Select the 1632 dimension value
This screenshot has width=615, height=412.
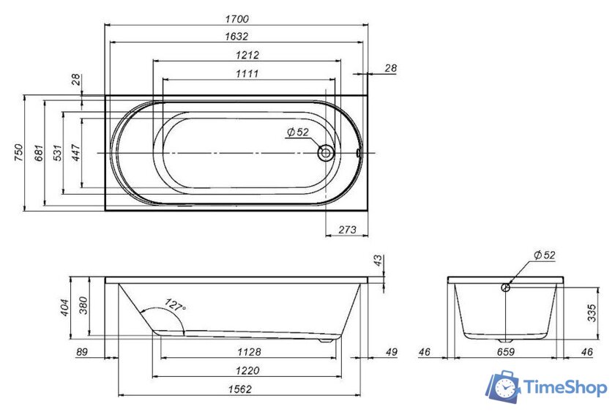point(238,36)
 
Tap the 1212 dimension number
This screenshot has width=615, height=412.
point(247,55)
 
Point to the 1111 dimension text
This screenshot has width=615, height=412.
point(247,72)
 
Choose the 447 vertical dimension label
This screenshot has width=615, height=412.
point(75,153)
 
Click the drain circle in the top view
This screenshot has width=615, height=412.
point(325,153)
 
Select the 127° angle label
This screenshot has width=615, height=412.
point(176,305)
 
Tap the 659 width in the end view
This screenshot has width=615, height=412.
point(506,352)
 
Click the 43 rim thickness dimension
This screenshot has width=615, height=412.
point(378,261)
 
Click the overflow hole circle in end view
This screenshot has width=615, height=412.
point(505,288)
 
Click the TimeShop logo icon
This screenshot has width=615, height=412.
point(504,386)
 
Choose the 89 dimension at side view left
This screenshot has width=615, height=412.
point(83,352)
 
